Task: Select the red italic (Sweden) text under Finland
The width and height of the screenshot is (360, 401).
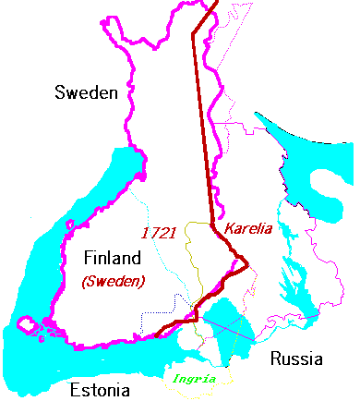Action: click(113, 281)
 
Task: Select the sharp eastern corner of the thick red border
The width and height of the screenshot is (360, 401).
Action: click(249, 269)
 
